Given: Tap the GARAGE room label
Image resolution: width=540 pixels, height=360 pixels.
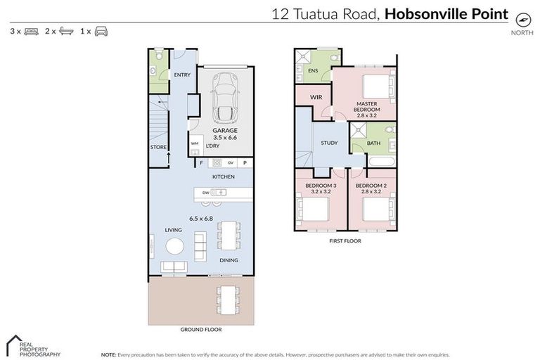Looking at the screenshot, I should click(x=226, y=131).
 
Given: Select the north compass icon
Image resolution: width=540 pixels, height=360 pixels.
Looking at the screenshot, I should click(x=522, y=20).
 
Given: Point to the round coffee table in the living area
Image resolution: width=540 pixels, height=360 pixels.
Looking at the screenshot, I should click(x=174, y=245).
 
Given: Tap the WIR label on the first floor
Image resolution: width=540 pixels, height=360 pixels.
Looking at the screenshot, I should click(x=316, y=96).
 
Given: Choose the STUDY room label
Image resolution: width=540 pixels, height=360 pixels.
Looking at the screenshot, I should click(x=328, y=143).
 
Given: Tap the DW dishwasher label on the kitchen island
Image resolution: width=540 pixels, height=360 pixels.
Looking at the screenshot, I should click(x=205, y=193).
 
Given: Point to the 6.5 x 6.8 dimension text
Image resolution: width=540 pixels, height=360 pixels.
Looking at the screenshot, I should click(x=200, y=219).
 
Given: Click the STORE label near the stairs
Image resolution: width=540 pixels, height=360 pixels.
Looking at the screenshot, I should click(x=159, y=147).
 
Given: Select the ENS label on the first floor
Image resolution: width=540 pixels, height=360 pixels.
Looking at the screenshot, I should click(x=314, y=71).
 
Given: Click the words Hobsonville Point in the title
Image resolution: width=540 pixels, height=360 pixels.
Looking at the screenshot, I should click(x=446, y=14).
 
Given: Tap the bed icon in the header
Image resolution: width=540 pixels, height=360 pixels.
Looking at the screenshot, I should click(x=30, y=32).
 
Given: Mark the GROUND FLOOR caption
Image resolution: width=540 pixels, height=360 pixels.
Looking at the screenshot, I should click(x=202, y=329).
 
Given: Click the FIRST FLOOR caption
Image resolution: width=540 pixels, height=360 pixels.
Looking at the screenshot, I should click(x=345, y=240).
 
